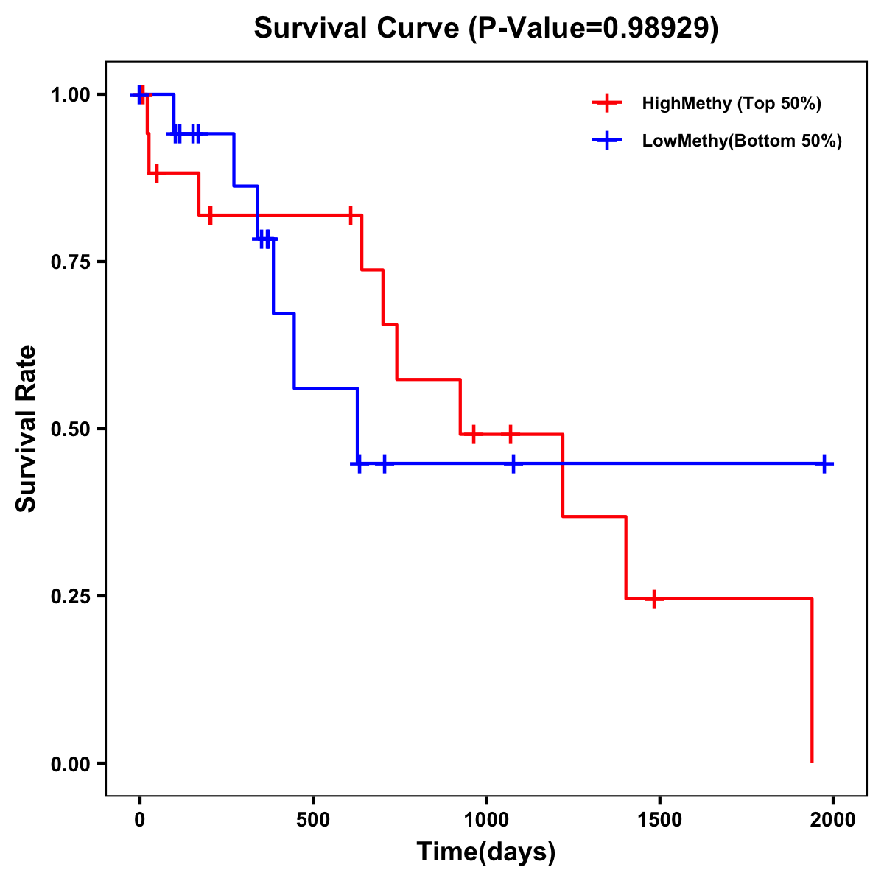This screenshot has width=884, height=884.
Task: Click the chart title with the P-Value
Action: (485, 29)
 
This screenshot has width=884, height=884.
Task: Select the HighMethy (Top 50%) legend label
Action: (731, 103)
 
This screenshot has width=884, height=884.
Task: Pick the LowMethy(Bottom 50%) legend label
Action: (742, 141)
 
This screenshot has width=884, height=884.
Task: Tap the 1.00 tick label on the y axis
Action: (70, 95)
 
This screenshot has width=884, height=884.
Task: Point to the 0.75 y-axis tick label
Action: (70, 262)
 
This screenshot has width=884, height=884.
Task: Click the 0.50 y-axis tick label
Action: (70, 429)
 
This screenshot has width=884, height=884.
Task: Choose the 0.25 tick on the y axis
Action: (70, 597)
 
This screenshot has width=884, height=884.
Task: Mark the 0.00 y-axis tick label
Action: (70, 764)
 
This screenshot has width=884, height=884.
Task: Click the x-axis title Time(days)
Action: (485, 852)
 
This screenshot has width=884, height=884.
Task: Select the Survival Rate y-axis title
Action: (27, 429)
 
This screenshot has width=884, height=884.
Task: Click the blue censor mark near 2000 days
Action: (825, 464)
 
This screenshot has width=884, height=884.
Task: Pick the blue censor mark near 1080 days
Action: (513, 464)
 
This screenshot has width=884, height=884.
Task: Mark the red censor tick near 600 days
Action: (351, 215)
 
